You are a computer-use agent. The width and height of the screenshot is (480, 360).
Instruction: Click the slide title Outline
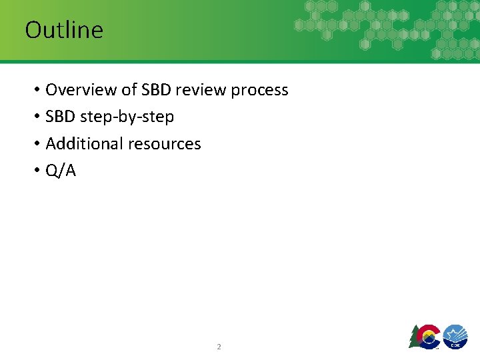64,30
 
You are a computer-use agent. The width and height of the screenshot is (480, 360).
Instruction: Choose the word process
259,90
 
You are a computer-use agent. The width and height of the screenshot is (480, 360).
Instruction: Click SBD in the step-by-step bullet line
61,117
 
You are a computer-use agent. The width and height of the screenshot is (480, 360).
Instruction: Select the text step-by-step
127,117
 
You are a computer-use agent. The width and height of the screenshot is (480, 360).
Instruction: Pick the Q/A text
61,171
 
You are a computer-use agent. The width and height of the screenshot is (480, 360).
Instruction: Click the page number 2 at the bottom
219,347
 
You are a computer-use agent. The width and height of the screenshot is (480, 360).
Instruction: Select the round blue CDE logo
455,335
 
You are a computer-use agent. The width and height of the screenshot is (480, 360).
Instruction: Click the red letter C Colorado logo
429,335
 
